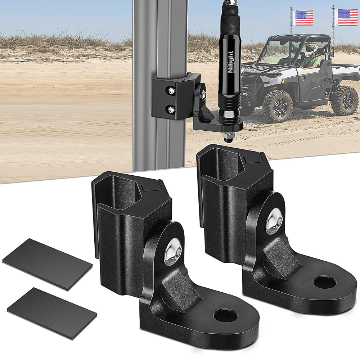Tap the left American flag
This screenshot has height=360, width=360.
tap(303, 18)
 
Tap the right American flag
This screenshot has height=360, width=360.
tap(347, 18)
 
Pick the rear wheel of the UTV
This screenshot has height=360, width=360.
tap(345, 100)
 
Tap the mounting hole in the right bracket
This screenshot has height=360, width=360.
tap(324, 282)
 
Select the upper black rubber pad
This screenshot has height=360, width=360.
tap(47, 264)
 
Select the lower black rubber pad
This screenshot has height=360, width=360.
tap(52, 313)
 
